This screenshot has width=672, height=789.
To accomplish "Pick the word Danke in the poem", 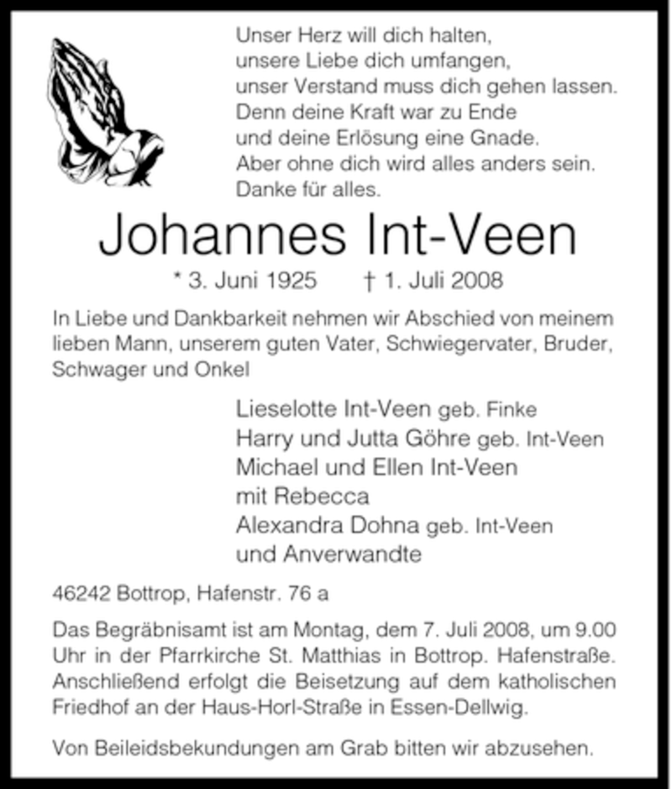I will tap(264, 189).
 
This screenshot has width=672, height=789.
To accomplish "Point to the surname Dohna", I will tap(386, 526).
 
